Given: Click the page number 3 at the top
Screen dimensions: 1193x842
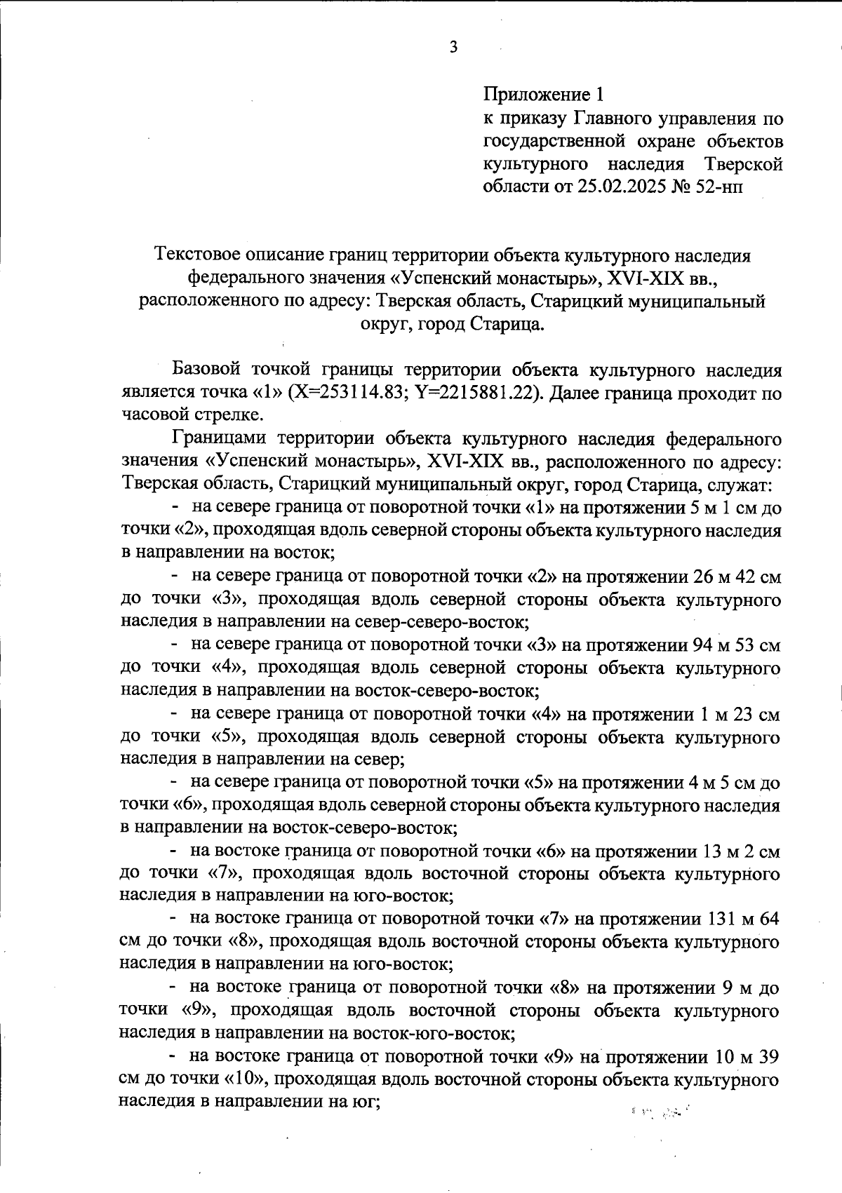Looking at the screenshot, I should [453, 48].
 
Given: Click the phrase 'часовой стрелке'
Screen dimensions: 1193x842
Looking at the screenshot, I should [192, 414].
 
